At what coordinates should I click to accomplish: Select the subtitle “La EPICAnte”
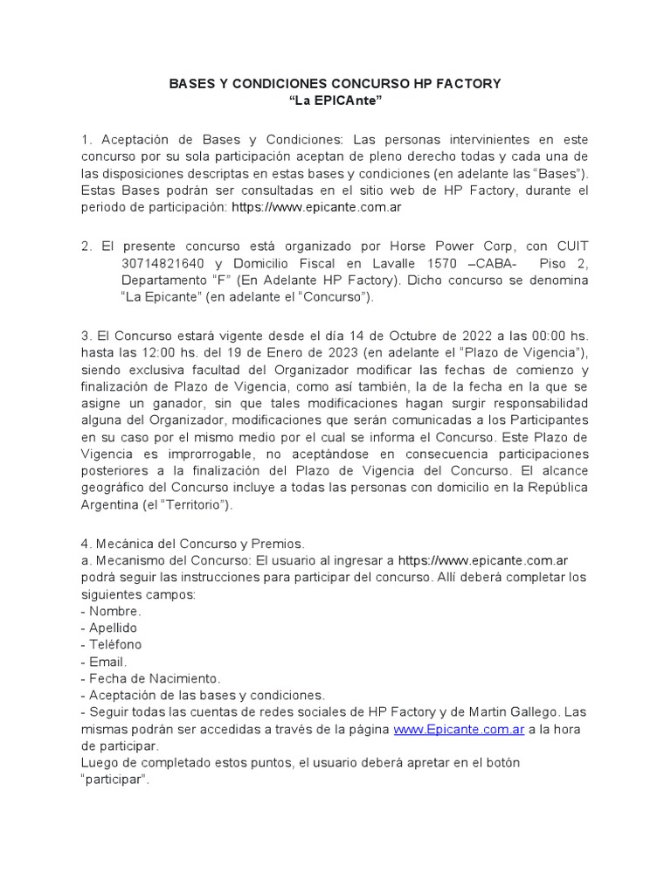point(335,102)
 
